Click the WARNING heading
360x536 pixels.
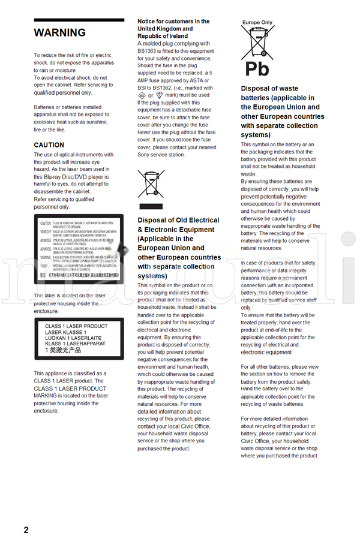(59, 33)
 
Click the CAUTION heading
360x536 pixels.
(49, 145)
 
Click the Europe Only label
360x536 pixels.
(257, 23)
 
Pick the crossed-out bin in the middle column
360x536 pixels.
(150, 183)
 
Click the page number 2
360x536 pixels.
(26, 529)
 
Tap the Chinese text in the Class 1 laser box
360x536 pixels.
(63, 350)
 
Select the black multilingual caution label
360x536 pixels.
(78, 249)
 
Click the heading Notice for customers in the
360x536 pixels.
(173, 22)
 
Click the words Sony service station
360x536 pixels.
(161, 155)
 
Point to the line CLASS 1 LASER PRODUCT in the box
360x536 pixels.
(76, 326)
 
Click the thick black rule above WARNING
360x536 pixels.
(79, 20)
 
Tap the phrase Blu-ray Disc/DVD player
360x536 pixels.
(70, 177)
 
